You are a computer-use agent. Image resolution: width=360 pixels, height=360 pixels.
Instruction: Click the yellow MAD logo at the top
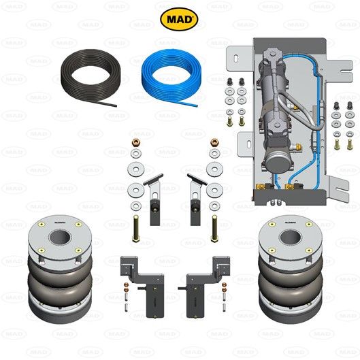coord(179,18)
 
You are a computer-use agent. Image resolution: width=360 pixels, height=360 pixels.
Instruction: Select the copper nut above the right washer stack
coord(215,144)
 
